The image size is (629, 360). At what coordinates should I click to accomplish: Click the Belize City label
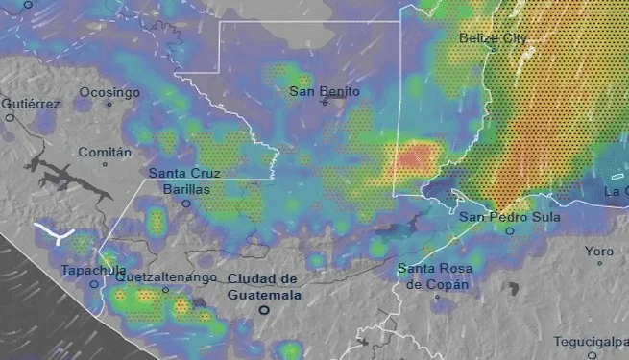point(493,37)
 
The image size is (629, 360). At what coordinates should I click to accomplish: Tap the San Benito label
point(325,91)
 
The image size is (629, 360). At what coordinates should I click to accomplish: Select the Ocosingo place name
point(109,92)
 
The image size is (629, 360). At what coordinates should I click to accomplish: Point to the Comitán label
point(104,152)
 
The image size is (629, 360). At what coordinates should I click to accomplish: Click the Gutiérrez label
point(31,103)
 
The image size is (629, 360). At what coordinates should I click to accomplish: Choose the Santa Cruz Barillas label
point(184,181)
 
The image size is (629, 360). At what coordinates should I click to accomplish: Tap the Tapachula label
point(93,270)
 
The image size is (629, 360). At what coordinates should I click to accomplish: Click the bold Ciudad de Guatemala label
point(263,286)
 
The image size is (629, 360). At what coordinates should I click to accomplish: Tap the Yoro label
point(599,251)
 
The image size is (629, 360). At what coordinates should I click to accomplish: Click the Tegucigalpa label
point(590,342)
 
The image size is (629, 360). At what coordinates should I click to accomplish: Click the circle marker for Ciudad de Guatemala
point(263,311)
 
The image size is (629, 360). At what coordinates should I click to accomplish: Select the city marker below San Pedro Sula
point(510,231)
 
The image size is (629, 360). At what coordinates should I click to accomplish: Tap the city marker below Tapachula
point(94,284)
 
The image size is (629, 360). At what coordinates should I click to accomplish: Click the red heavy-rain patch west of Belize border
point(415,156)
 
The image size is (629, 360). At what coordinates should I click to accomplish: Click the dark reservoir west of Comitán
point(55,173)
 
